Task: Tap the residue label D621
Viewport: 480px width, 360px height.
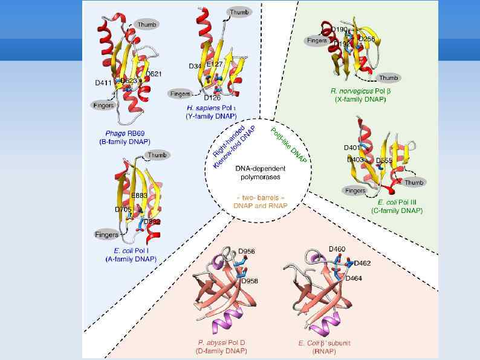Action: coord(153,74)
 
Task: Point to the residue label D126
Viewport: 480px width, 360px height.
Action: coord(212,97)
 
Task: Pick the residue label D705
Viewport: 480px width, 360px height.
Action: coord(123,209)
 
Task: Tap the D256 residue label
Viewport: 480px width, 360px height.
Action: coord(368,39)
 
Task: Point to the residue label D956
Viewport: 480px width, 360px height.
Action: coord(247,251)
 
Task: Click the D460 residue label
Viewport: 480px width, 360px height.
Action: coord(337,249)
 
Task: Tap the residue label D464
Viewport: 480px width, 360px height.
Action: coord(354,278)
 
